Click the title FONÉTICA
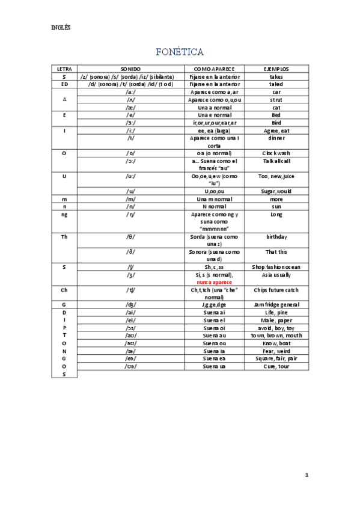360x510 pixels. coord(180,52)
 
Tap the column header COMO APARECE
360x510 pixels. coord(215,69)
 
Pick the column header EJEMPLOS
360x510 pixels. coord(276,69)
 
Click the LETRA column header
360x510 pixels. coord(64,69)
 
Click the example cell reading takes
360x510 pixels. coord(276,77)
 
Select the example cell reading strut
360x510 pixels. coord(276,100)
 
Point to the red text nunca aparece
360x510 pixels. coord(215,281)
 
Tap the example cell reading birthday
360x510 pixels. coord(276,237)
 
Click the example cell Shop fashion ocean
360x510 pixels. coord(276,266)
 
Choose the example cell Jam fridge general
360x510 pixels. coord(276,305)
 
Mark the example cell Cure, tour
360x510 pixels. coord(276,366)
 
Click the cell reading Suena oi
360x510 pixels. coord(215,328)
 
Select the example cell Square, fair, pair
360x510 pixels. coord(276,358)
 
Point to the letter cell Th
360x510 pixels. coord(64,237)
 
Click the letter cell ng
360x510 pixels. coord(64,214)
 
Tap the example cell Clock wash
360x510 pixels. coord(276,153)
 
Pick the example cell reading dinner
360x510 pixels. coord(276,138)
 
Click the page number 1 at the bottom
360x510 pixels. coord(307,475)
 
